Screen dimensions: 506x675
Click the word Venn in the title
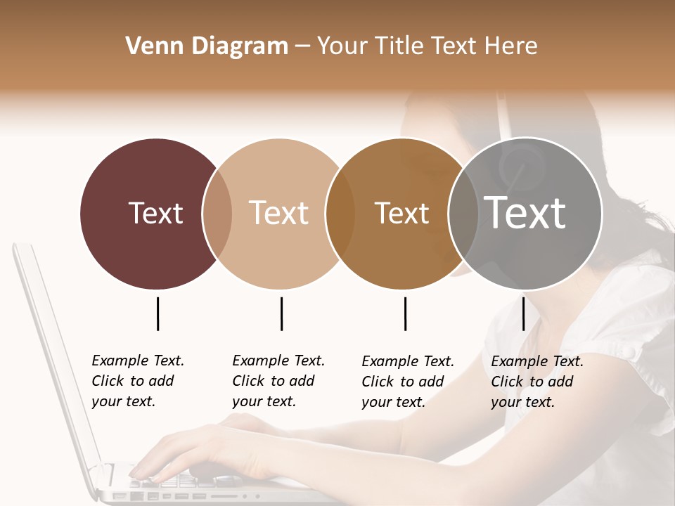click(151, 46)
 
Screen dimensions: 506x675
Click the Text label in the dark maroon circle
click(155, 213)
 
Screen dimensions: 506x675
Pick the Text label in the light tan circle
click(278, 213)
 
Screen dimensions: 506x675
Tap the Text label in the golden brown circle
click(401, 213)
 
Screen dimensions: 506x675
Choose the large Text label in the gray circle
click(525, 213)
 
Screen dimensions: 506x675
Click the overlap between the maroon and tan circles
click(217, 214)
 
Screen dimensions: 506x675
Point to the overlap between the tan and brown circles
click(340, 214)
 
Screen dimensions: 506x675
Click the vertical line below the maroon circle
click(157, 313)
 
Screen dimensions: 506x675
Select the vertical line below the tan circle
click(281, 313)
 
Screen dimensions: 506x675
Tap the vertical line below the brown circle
click(405, 313)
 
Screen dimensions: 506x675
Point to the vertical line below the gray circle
click(523, 313)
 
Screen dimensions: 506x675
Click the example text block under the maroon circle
click(138, 381)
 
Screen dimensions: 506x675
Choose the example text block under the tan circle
click(278, 381)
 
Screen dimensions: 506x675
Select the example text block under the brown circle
click(408, 382)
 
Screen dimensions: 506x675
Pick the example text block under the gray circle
click(537, 382)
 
